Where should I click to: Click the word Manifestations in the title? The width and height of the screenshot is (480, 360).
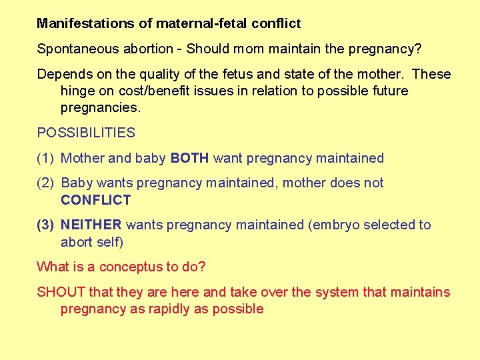pos(86,23)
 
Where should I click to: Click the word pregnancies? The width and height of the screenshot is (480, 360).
pos(100,107)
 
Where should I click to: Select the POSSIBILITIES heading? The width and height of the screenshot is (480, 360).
pos(86,133)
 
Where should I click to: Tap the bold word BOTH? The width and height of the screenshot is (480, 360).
pos(190,158)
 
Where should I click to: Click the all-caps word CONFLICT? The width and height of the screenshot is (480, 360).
pos(95,199)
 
